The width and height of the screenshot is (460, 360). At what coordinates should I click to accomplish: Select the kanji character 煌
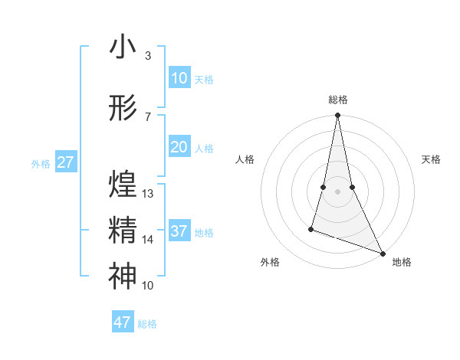click(x=123, y=184)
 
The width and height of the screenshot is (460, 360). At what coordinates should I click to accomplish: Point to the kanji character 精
click(x=123, y=231)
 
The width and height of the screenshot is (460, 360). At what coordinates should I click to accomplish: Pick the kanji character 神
click(x=123, y=276)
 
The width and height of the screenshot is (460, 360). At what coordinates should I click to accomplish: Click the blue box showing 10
click(x=179, y=78)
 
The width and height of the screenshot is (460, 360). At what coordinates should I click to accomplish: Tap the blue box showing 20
click(x=179, y=147)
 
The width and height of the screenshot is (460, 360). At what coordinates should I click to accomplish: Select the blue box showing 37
click(x=179, y=231)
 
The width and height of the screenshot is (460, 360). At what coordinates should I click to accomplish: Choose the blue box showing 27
click(x=66, y=162)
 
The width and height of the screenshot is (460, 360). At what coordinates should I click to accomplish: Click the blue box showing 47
click(x=123, y=322)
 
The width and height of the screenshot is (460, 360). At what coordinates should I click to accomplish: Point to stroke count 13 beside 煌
click(x=148, y=194)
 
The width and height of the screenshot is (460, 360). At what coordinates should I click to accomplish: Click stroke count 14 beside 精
click(x=148, y=240)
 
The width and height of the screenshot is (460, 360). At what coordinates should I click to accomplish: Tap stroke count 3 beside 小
click(x=147, y=56)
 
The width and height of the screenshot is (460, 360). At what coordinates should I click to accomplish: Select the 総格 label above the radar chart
click(x=338, y=100)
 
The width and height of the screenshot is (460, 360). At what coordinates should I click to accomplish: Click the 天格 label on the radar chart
click(x=432, y=159)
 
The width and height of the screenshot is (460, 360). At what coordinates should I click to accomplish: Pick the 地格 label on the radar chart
click(x=402, y=263)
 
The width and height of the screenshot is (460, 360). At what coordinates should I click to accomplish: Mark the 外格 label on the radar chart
click(x=270, y=263)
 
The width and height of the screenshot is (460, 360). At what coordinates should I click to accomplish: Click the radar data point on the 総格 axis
click(x=337, y=116)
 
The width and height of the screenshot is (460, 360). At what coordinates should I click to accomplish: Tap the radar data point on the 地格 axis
click(x=383, y=254)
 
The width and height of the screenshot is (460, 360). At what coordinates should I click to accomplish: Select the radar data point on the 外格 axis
click(x=311, y=228)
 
